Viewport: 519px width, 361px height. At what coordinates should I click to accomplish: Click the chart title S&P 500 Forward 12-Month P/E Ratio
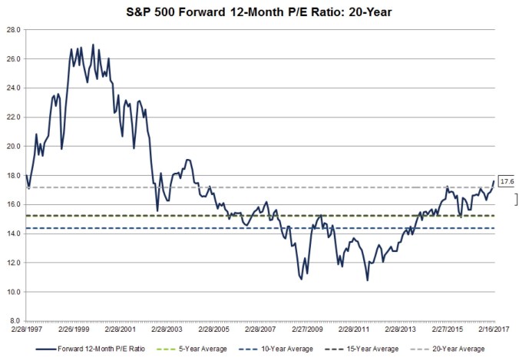tap(259, 12)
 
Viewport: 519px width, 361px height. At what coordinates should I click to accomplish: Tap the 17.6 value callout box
tap(506, 181)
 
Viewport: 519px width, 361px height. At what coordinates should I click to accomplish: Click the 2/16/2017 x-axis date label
tap(490, 330)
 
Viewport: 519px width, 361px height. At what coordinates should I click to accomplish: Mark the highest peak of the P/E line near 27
tap(93, 45)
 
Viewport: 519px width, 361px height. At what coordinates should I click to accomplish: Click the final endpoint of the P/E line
tap(493, 181)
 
